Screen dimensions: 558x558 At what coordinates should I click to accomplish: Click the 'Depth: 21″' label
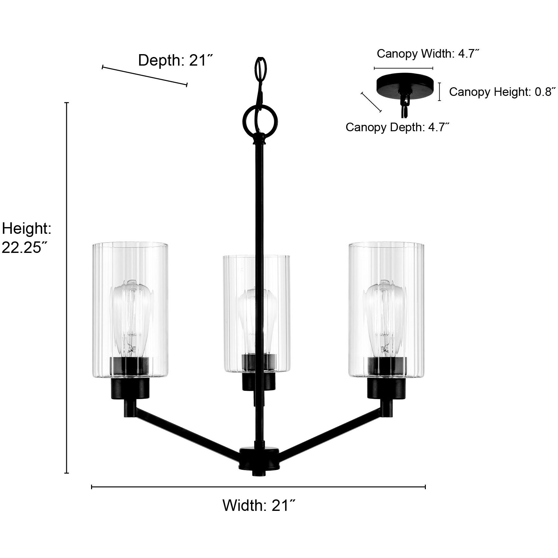pos(175,60)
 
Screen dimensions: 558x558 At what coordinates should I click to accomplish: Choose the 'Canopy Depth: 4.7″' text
pos(397,127)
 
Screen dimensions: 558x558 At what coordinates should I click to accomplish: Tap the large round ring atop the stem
pos(260,121)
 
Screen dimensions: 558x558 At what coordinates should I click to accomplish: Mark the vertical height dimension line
pos(67,287)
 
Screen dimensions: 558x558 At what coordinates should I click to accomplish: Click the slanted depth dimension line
pos(144,75)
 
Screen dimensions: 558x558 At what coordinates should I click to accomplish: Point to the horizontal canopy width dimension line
pos(403,68)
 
